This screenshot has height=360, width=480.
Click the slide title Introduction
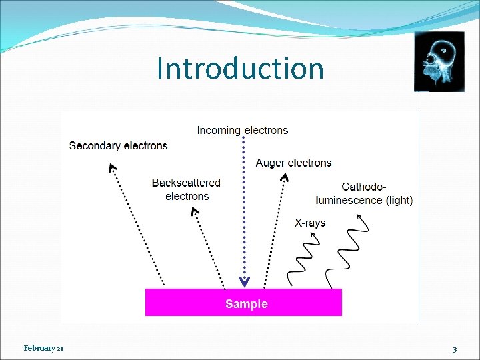coord(240,69)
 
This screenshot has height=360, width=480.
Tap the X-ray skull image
coord(439,61)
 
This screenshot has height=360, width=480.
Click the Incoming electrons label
coord(243,130)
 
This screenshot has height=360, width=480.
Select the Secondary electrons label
coord(119,145)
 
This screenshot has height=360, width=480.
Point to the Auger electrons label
coord(293,163)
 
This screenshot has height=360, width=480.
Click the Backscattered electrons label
coord(187,189)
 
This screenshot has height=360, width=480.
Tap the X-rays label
coord(310,223)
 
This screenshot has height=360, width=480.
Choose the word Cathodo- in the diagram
coord(364,187)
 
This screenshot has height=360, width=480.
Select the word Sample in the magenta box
coord(247,304)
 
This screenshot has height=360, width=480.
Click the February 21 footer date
coord(43,348)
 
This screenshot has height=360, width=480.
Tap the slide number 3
coord(454,349)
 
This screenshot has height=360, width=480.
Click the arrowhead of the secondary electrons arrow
coord(112,167)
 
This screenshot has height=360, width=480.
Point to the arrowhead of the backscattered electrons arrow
coord(195,211)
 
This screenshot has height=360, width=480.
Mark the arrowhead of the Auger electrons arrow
coord(285,177)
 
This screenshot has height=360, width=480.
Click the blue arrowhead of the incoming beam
coord(244,281)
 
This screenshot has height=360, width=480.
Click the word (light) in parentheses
coord(399,200)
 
